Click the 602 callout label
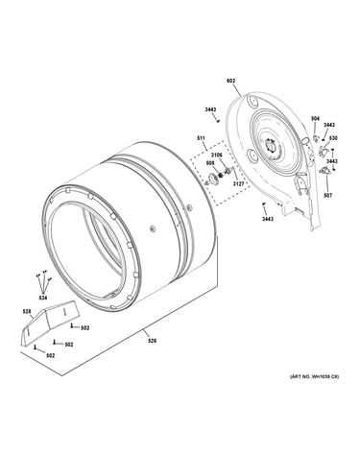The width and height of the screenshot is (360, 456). pyautogui.click(x=230, y=81)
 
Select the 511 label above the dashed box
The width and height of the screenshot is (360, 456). pyautogui.click(x=201, y=138)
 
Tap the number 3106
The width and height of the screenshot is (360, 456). pyautogui.click(x=217, y=156)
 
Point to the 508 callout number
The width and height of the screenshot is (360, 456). pyautogui.click(x=210, y=162)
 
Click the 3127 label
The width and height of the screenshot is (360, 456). pyautogui.click(x=238, y=184)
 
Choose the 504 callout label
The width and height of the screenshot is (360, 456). pyautogui.click(x=315, y=119)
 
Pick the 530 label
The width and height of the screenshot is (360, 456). pyautogui.click(x=333, y=138)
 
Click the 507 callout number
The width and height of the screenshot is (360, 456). pyautogui.click(x=328, y=195)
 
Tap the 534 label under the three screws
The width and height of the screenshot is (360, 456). pyautogui.click(x=43, y=298)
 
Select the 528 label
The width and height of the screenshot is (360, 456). pyautogui.click(x=27, y=311)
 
